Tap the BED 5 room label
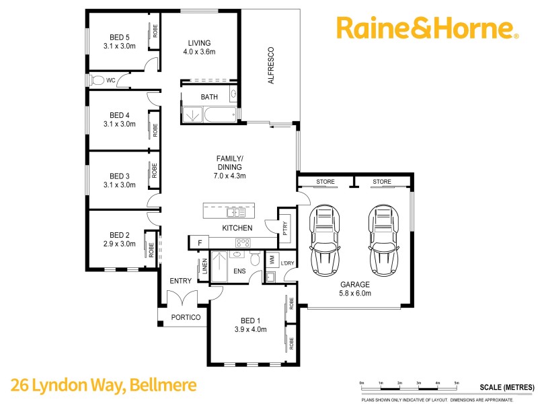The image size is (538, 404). point(120,37)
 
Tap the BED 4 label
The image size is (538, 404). point(120,114)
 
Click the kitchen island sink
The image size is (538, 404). point(235,212)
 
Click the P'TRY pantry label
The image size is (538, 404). point(284,229)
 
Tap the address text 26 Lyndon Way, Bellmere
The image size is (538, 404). point(104,386)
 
